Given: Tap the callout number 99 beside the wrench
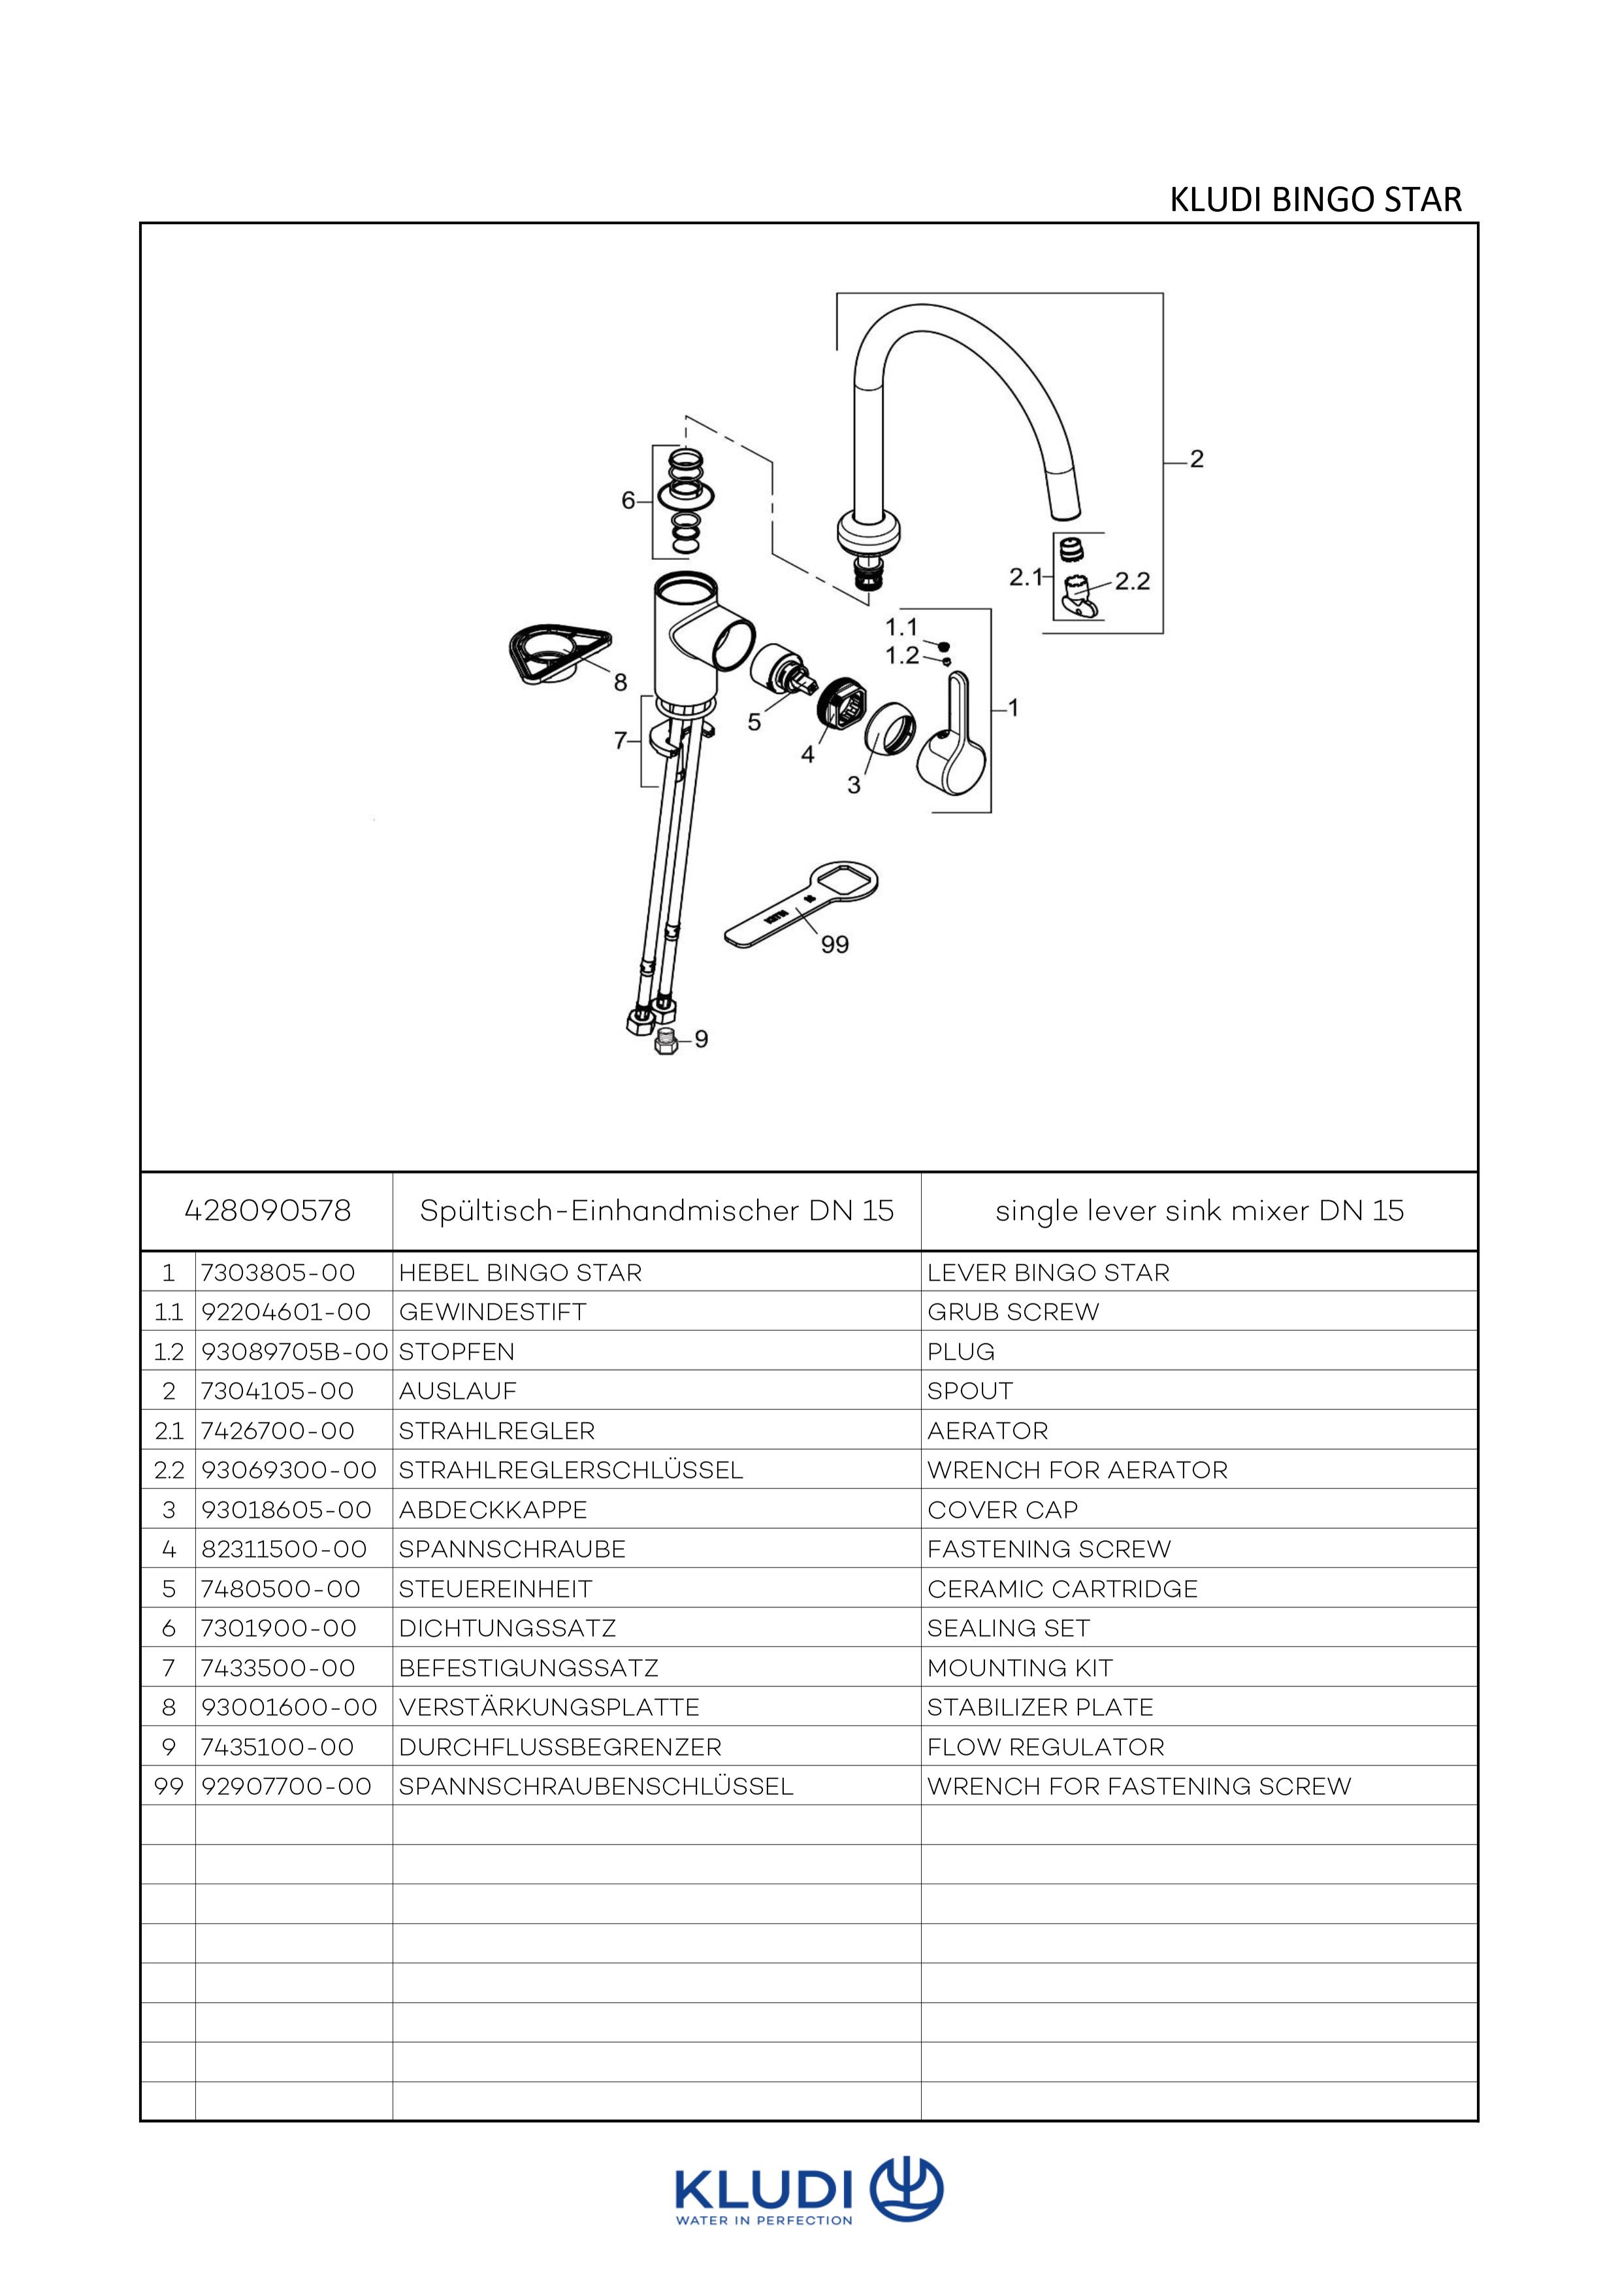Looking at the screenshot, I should (834, 943).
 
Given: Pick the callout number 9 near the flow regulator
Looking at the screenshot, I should (701, 1040).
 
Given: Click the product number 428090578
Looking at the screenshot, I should (268, 1211).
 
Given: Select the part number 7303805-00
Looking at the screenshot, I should (278, 1273).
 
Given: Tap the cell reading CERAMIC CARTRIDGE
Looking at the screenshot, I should (1062, 1588).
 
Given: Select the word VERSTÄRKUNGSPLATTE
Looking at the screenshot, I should (549, 1707).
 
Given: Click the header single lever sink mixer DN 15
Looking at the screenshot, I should (1199, 1211).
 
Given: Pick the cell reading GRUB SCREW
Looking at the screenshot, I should (1013, 1312).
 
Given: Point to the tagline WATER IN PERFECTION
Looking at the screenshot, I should (764, 2221).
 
